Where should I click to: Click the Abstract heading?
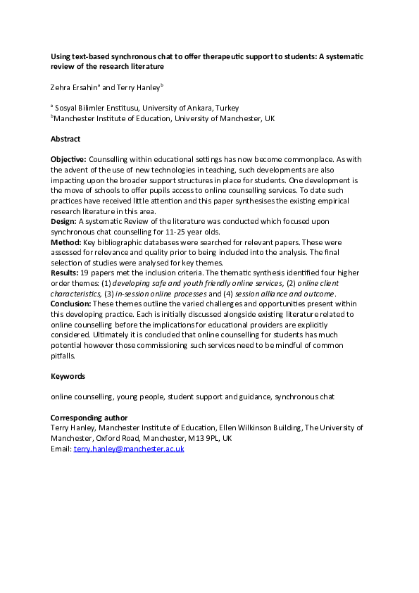coord(65,139)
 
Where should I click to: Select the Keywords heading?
coord(67,377)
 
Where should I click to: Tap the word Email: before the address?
coord(61,448)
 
